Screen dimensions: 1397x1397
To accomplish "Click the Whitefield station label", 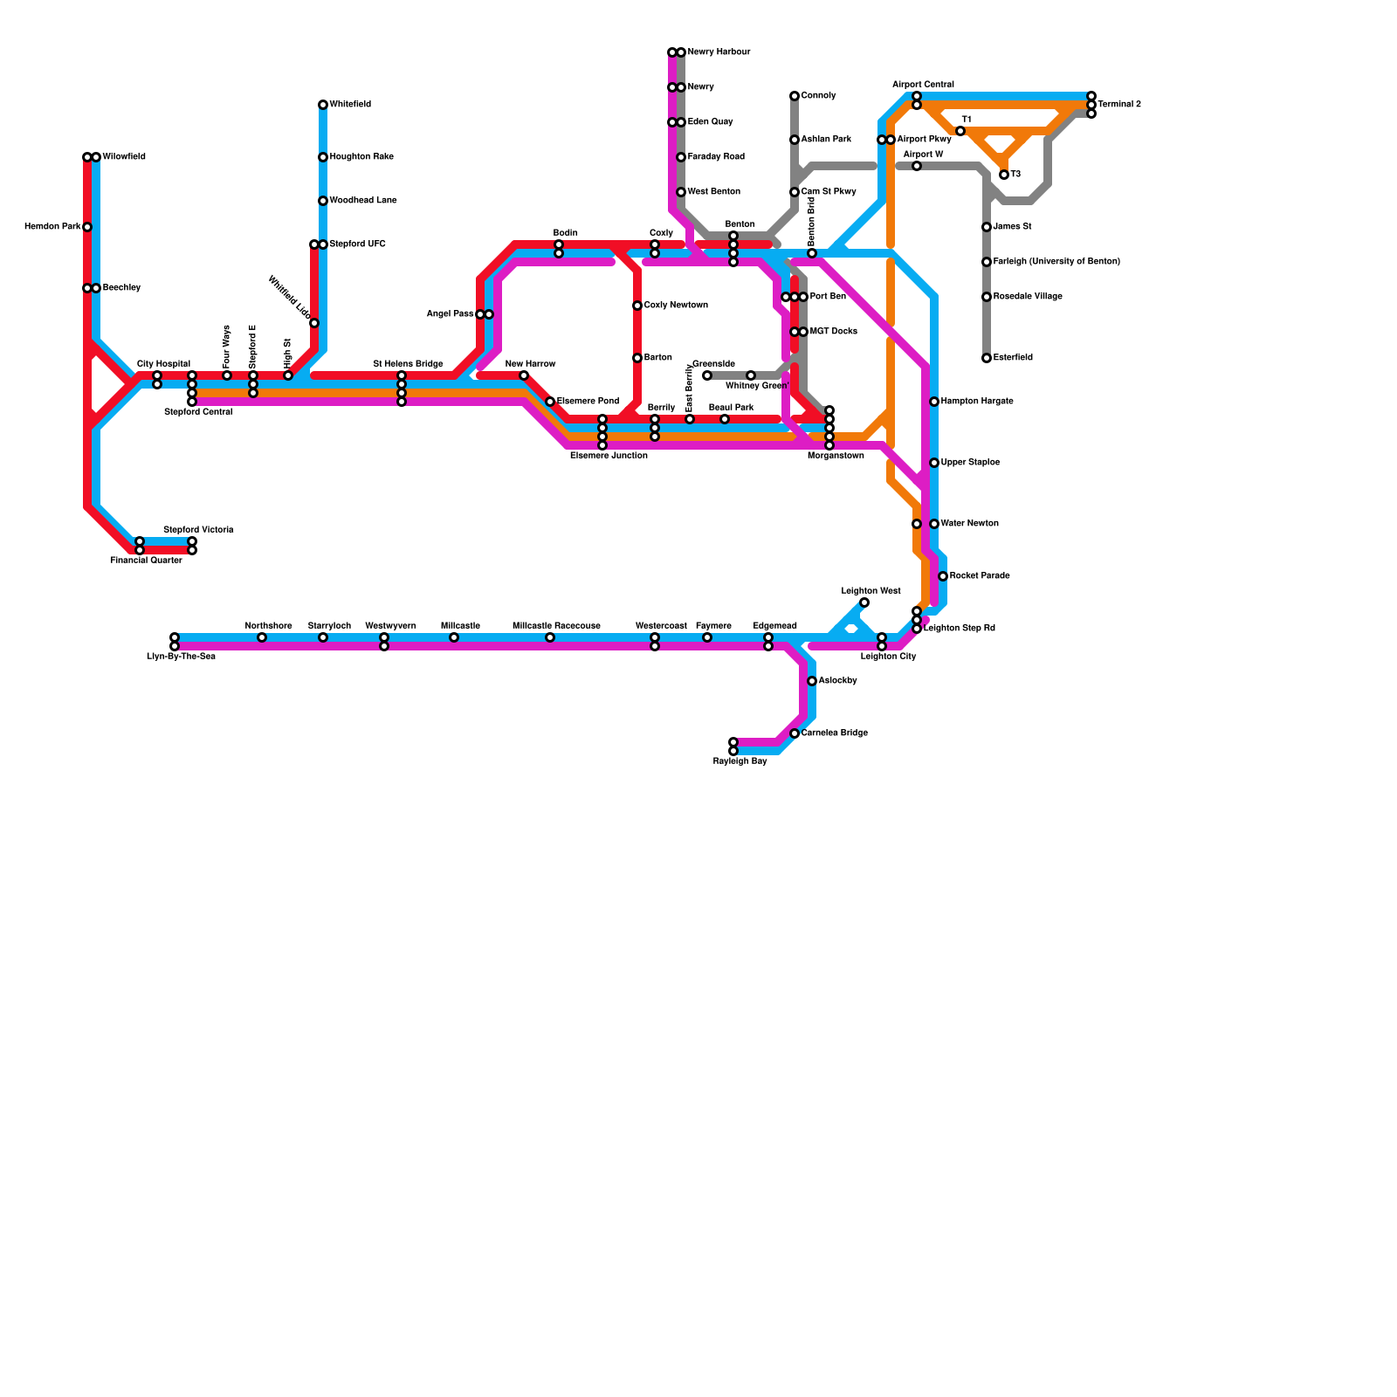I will pyautogui.click(x=350, y=105).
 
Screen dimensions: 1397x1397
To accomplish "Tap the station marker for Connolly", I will pyautogui.click(x=795, y=96).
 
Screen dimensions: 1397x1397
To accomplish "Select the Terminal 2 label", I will pyautogui.click(x=1119, y=105).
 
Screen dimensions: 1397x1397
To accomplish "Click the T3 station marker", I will pyautogui.click(x=1004, y=175).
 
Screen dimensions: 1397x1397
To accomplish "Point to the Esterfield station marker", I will pyautogui.click(x=987, y=358).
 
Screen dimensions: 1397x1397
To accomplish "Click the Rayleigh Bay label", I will pyautogui.click(x=740, y=761).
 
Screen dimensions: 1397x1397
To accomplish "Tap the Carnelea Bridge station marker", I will pyautogui.click(x=795, y=733).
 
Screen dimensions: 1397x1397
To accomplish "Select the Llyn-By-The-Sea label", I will pyautogui.click(x=181, y=657).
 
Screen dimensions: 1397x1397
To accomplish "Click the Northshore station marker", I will pyautogui.click(x=262, y=637).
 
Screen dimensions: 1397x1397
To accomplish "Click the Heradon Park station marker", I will pyautogui.click(x=87, y=227).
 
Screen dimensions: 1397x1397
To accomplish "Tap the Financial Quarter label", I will pyautogui.click(x=146, y=561).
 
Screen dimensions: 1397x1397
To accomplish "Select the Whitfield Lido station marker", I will pyautogui.click(x=314, y=323).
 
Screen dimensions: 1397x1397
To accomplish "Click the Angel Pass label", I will pyautogui.click(x=450, y=314).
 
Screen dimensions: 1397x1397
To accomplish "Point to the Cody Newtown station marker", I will pyautogui.click(x=637, y=306).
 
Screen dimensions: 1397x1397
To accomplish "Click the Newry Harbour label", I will pyautogui.click(x=719, y=52).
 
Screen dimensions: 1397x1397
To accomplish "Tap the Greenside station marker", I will pyautogui.click(x=707, y=375).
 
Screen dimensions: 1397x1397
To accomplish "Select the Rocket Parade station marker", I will pyautogui.click(x=943, y=576).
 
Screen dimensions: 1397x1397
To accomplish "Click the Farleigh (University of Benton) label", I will pyautogui.click(x=1056, y=262).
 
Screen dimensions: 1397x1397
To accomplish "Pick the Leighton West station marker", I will pyautogui.click(x=864, y=602).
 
